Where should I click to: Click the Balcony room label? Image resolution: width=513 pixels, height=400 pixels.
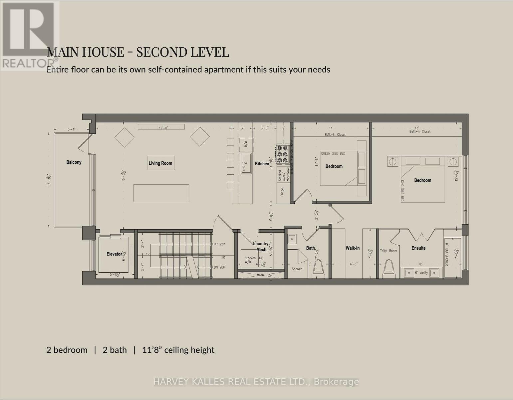tap(74, 162)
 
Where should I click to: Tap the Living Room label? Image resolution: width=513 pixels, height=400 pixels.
tap(160, 163)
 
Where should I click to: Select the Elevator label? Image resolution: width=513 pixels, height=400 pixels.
tap(114, 254)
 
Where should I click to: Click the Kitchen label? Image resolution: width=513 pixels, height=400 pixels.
tap(262, 164)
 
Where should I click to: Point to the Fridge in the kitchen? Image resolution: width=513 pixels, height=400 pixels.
tap(282, 192)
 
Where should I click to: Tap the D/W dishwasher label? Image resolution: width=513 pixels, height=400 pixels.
tap(246, 144)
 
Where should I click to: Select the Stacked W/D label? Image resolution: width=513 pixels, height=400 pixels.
tap(250, 260)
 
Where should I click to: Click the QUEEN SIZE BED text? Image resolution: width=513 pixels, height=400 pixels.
tap(333, 154)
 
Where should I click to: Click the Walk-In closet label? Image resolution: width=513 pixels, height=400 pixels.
tap(353, 248)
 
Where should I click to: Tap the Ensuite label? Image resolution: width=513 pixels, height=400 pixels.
tap(418, 248)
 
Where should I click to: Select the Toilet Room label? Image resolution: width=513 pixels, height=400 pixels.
tap(388, 251)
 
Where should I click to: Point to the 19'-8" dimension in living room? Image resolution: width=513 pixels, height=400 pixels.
tap(163, 128)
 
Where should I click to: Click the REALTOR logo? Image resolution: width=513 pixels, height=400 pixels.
tap(29, 35)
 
